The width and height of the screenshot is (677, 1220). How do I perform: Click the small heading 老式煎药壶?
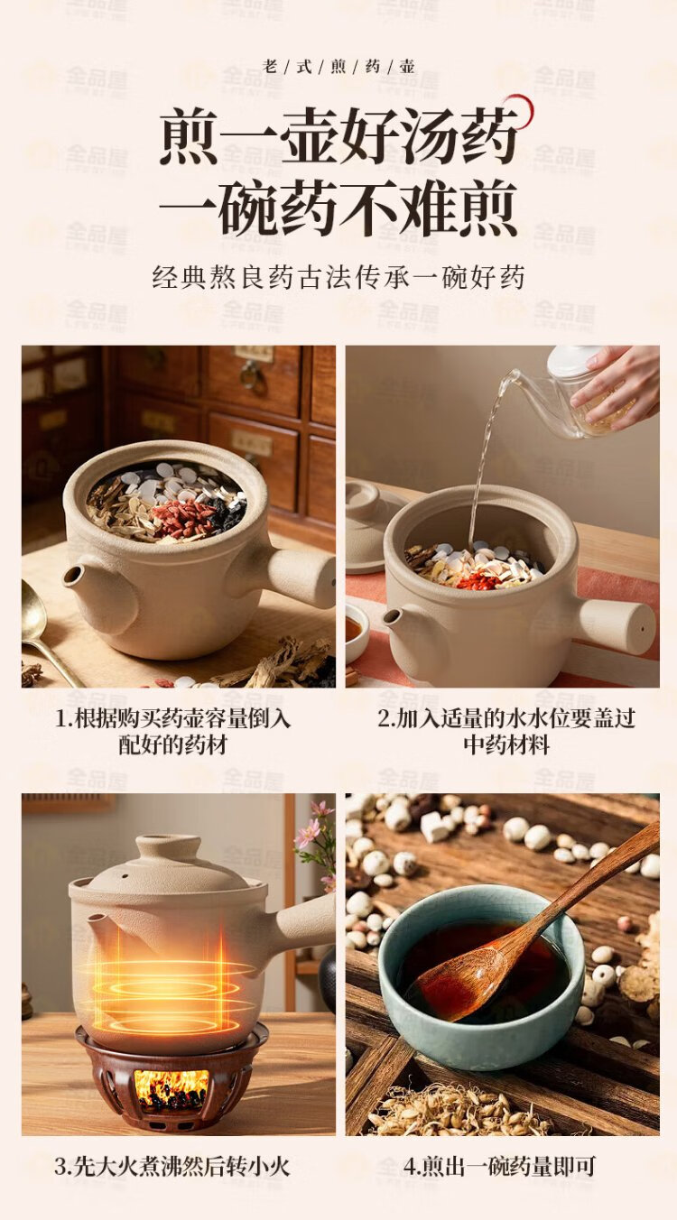tap(338, 67)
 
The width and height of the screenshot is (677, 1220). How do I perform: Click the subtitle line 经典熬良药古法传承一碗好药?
tap(338, 277)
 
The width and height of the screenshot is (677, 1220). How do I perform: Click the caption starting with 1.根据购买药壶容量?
tap(173, 732)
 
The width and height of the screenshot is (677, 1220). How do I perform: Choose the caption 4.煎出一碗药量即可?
tap(499, 1166)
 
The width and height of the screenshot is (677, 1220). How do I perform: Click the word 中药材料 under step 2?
tap(507, 744)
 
